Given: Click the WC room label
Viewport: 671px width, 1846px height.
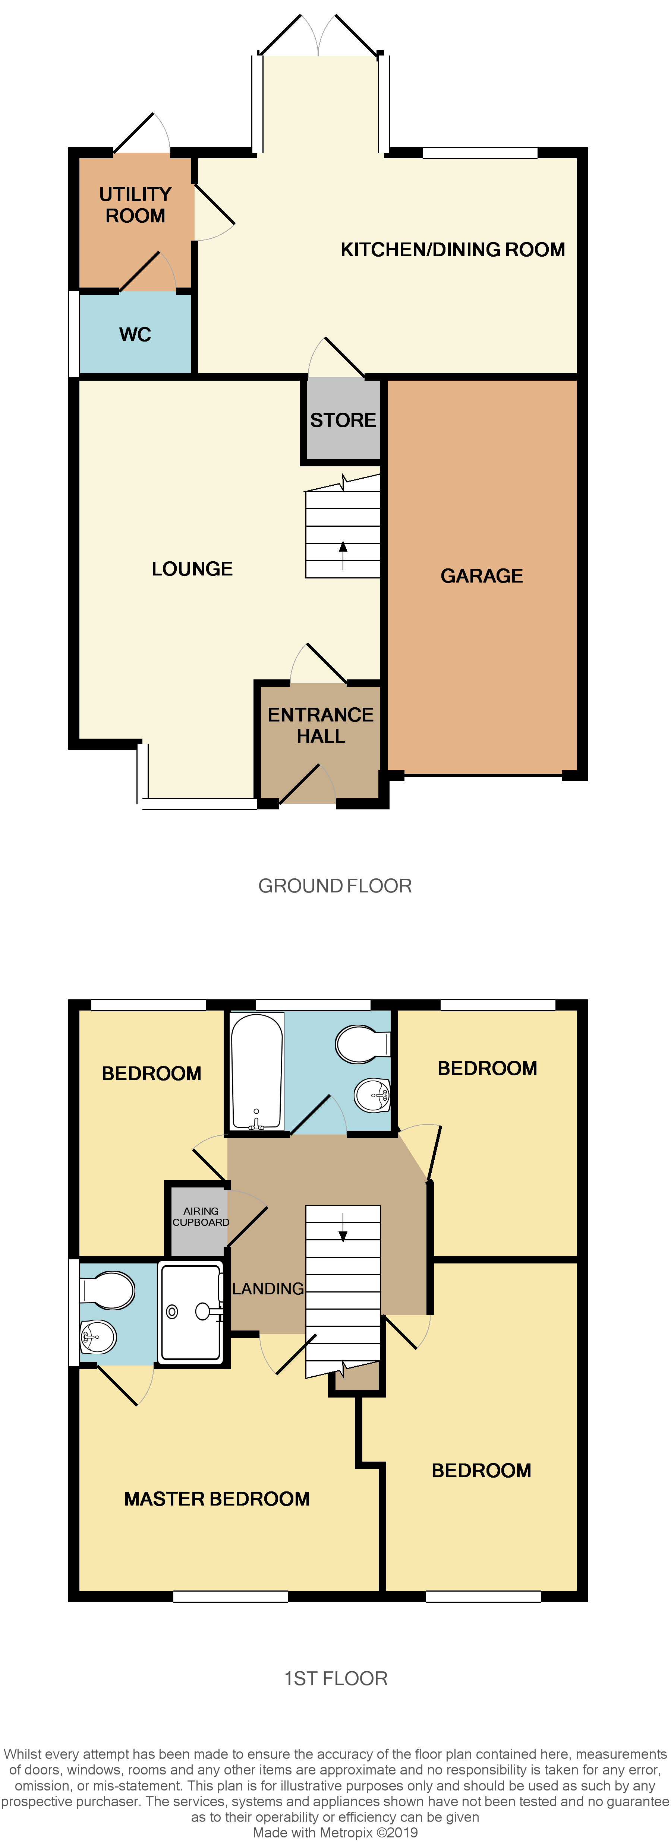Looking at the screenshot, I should click(135, 334).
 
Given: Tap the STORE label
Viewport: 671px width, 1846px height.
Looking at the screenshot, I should click(343, 420).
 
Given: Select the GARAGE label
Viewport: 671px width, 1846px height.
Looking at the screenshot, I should click(482, 575).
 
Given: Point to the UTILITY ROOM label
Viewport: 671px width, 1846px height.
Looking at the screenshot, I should click(135, 205).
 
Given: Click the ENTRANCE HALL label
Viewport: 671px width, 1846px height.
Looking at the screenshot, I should click(321, 725).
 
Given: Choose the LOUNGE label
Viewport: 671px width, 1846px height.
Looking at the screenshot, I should click(192, 569).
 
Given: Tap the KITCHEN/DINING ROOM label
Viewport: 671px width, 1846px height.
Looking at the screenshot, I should click(452, 250).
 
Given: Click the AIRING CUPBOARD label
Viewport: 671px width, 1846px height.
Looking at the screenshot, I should click(201, 1216).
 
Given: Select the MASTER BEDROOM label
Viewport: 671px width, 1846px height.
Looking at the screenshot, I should click(217, 1498).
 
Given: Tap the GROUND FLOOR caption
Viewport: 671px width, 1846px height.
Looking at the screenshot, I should click(335, 886).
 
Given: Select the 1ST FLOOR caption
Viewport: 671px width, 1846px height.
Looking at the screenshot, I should click(335, 1678).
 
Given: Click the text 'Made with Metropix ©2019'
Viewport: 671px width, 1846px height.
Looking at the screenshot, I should click(335, 1832).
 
